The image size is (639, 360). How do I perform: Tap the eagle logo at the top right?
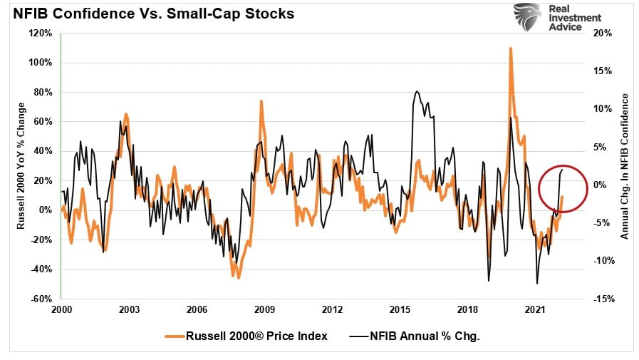tap(527, 16)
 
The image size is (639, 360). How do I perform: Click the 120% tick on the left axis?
tap(41, 33)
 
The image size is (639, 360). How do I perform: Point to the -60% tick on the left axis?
tap(41, 299)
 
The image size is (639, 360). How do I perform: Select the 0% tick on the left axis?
tap(46, 210)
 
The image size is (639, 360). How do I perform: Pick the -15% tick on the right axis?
tap(603, 299)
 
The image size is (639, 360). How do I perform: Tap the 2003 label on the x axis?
tap(129, 310)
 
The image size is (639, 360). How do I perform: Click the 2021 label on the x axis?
tap(536, 310)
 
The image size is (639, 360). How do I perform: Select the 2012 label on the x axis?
tap(332, 310)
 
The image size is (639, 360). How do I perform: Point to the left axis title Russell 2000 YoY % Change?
tap(21, 165)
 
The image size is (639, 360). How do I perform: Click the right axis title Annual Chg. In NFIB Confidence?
tap(625, 165)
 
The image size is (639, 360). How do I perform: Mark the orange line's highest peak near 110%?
tap(511, 48)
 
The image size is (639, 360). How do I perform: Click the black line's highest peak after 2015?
tap(416, 91)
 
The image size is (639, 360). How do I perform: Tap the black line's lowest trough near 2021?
tap(536, 284)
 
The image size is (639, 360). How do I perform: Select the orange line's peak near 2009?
tap(261, 101)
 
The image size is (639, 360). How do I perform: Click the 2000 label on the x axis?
tap(61, 310)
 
